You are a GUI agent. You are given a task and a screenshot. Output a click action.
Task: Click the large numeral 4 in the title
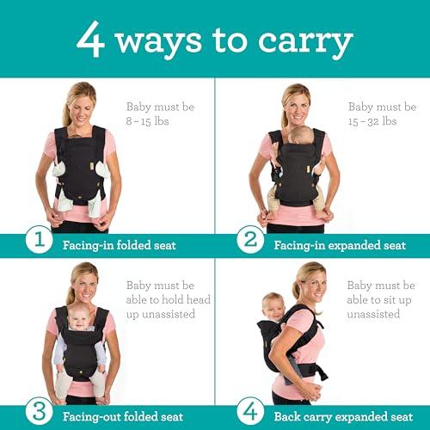click(x=90, y=40)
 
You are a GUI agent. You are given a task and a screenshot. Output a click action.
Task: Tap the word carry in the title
click(x=305, y=42)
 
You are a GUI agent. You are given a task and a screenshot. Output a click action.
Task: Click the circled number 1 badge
click(x=39, y=240)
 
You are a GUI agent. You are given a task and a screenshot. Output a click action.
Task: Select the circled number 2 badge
click(x=250, y=240)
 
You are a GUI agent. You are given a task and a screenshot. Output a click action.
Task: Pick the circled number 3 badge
click(x=39, y=412)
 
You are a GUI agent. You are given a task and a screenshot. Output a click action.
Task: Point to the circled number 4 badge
click(x=250, y=412)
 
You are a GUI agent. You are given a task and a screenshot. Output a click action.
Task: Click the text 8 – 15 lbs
click(x=147, y=121)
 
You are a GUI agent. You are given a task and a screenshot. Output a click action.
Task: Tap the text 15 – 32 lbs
click(x=372, y=121)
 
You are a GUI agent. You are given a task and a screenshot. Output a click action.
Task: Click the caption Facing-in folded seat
click(x=120, y=245)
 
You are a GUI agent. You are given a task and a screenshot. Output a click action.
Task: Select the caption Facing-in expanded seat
click(x=340, y=245)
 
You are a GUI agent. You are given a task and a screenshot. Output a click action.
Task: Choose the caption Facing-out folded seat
click(x=123, y=417)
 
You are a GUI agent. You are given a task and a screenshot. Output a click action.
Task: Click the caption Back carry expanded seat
click(x=343, y=417)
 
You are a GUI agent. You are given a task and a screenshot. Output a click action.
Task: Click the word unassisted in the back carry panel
click(x=373, y=314)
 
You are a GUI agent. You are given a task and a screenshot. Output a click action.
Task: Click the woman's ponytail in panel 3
click(x=71, y=294)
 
